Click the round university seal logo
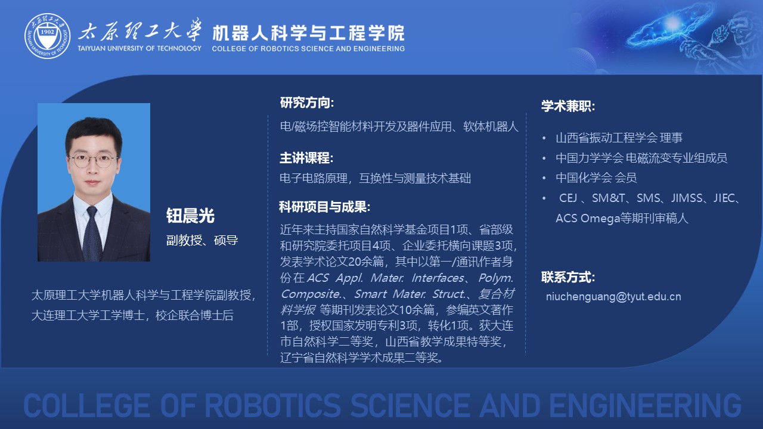click(x=47, y=36)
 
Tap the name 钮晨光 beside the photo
click(x=190, y=216)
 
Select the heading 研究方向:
click(x=307, y=102)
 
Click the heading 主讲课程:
click(x=306, y=158)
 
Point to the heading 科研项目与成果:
click(x=325, y=207)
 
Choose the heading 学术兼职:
click(x=568, y=106)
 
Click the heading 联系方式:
click(x=568, y=277)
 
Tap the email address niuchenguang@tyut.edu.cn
click(x=613, y=297)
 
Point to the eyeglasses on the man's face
click(x=93, y=160)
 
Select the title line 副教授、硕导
click(x=202, y=240)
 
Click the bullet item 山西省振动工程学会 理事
click(x=619, y=138)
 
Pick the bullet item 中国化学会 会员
click(x=596, y=178)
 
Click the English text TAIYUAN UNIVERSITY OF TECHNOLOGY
click(x=139, y=48)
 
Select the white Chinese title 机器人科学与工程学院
click(x=309, y=33)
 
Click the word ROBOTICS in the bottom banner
click(x=273, y=405)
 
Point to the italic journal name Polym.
click(x=496, y=278)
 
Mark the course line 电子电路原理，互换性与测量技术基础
click(x=375, y=178)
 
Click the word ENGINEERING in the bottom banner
click(x=645, y=405)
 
